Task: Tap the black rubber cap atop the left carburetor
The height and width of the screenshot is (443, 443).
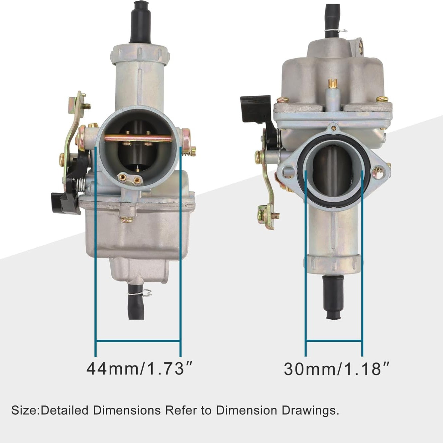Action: [x=141, y=23]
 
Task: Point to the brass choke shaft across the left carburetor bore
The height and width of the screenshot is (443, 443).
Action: [x=138, y=138]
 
